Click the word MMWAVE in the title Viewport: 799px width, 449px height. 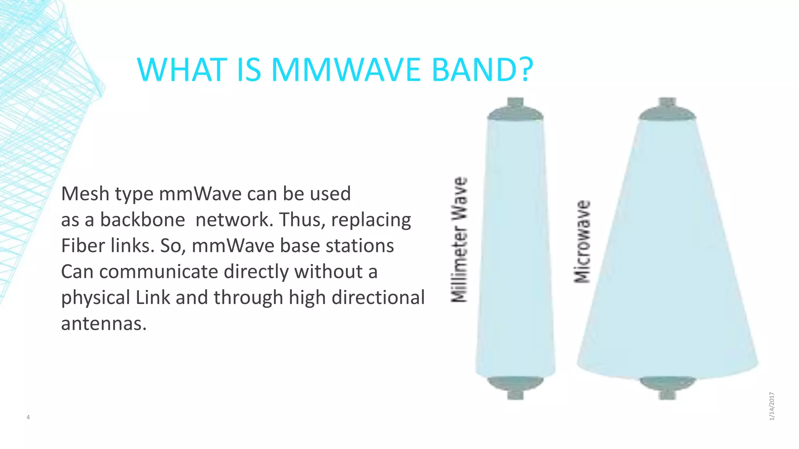346,70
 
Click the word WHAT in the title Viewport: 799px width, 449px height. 182,70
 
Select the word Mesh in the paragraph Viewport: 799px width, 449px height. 85,194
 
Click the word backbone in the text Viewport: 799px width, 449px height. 142,219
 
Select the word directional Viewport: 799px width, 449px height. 378,297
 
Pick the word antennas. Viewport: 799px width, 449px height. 104,323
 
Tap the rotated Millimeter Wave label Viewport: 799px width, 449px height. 460,240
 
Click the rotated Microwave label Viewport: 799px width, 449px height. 582,242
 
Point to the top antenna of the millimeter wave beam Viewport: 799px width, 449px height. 515,110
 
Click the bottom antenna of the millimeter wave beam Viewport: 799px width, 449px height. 515,387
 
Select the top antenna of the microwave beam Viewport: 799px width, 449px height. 667,110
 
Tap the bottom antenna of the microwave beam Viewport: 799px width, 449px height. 667,387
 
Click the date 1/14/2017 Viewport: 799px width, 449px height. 772,406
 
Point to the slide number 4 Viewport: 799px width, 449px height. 28,417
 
